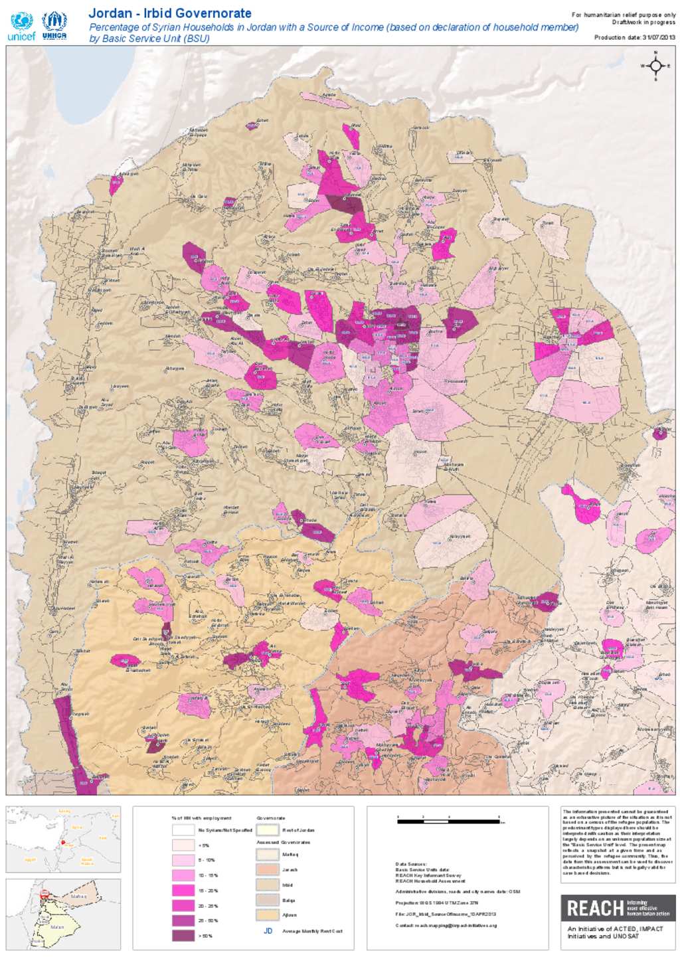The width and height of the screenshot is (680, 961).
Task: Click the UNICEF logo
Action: [x=21, y=27]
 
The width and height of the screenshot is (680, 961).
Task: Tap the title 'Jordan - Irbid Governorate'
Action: [x=170, y=13]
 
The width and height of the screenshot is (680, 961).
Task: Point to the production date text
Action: [x=634, y=38]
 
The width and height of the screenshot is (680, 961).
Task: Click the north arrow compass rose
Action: [x=655, y=66]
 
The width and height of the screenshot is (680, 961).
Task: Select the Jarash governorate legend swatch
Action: [x=268, y=869]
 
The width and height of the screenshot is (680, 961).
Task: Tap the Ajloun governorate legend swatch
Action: [x=268, y=915]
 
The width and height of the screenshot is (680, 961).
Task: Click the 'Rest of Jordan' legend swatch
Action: [x=268, y=830]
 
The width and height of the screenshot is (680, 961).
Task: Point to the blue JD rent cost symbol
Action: [x=268, y=930]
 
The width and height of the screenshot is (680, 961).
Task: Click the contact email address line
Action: [x=446, y=925]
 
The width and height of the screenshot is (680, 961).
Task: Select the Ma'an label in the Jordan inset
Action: [x=57, y=926]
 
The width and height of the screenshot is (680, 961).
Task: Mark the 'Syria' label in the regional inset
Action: [x=77, y=828]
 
